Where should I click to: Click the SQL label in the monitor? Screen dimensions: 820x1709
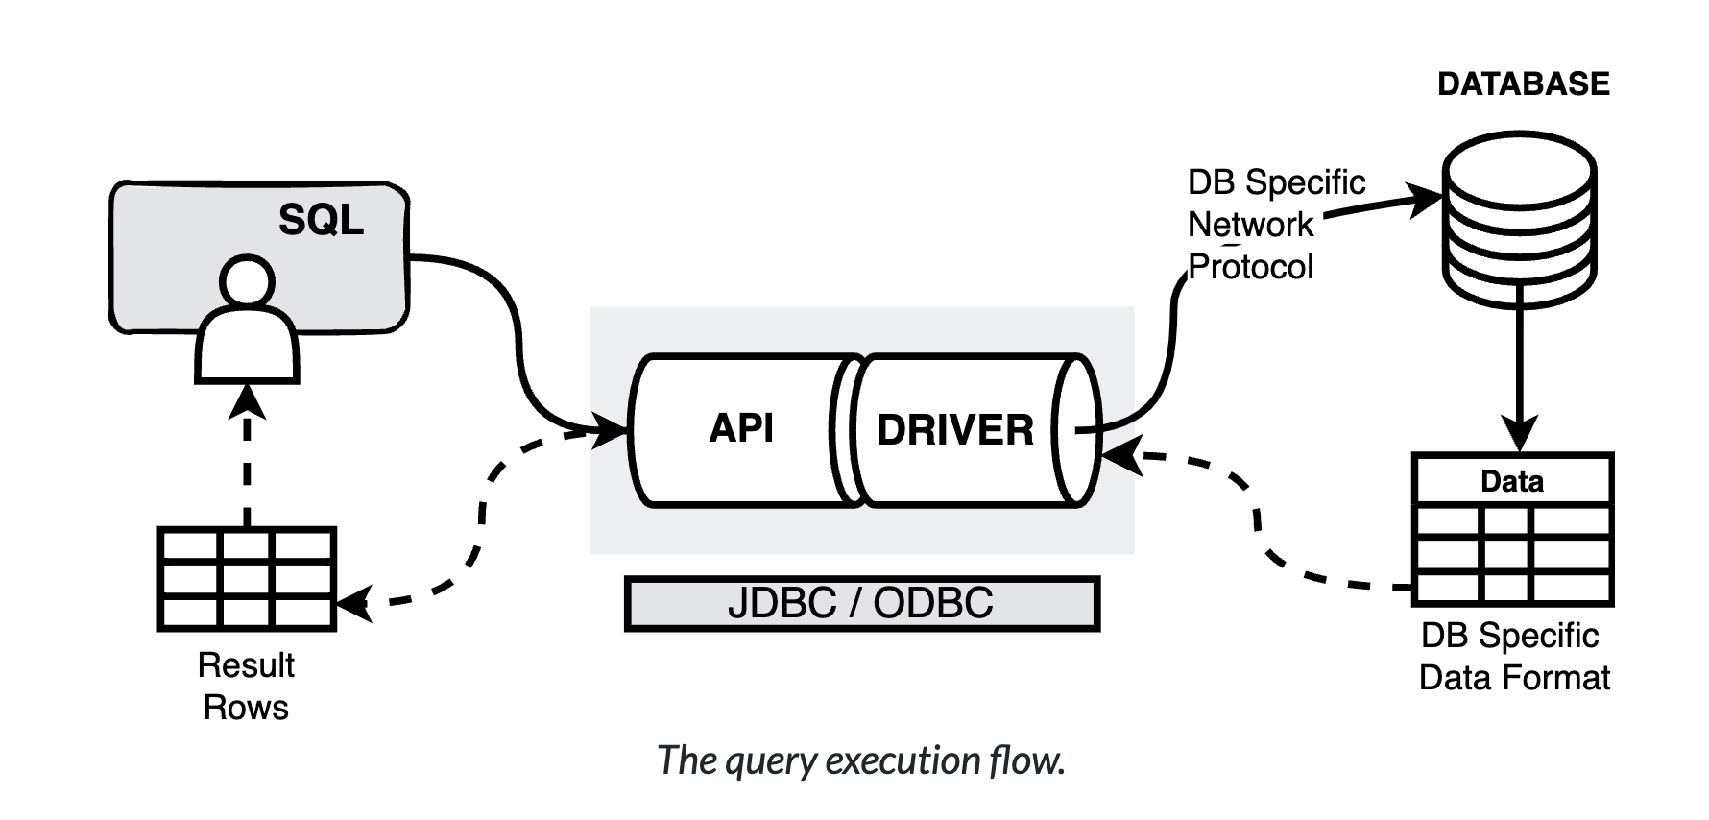pyautogui.click(x=321, y=220)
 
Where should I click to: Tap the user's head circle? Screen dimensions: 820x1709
pyautogui.click(x=248, y=283)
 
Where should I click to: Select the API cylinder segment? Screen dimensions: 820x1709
pyautogui.click(x=740, y=429)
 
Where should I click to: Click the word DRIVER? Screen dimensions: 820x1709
pyautogui.click(x=955, y=430)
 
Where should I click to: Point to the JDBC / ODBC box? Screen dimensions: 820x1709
pyautogui.click(x=861, y=603)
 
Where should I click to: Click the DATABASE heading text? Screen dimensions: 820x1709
pyautogui.click(x=1523, y=84)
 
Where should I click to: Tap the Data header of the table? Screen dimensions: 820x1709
pyautogui.click(x=1512, y=481)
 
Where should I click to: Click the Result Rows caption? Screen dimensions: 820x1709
pyautogui.click(x=246, y=686)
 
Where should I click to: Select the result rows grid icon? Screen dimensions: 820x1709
pyautogui.click(x=247, y=578)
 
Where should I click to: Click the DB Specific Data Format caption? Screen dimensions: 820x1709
pyautogui.click(x=1513, y=657)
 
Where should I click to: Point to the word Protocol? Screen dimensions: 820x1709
pyautogui.click(x=1251, y=267)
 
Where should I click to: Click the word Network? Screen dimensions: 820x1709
pyautogui.click(x=1250, y=225)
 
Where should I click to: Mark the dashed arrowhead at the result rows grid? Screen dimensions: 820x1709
pyautogui.click(x=353, y=603)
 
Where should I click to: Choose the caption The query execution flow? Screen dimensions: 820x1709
pyautogui.click(x=861, y=760)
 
